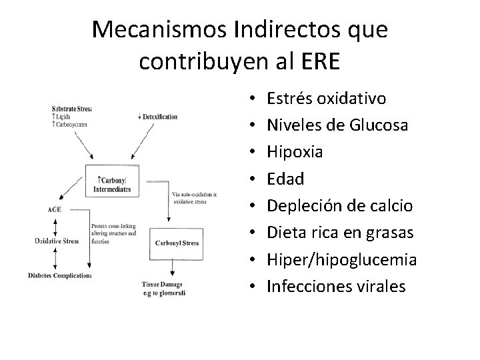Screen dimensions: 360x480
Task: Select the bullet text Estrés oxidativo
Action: pyautogui.click(x=326, y=99)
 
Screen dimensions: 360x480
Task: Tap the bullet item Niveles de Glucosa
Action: pyautogui.click(x=338, y=125)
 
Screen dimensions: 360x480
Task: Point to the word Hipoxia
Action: pyautogui.click(x=295, y=152)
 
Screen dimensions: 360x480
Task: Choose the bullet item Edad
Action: pyautogui.click(x=285, y=179)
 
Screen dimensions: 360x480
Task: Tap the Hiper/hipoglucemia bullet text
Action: pyautogui.click(x=341, y=259)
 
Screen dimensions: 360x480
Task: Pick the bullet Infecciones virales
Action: pyautogui.click(x=336, y=286)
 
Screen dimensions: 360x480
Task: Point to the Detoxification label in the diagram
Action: pyautogui.click(x=157, y=117)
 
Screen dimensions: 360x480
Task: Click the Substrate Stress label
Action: pyautogui.click(x=71, y=109)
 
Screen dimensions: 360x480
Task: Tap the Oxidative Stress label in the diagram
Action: pyautogui.click(x=58, y=241)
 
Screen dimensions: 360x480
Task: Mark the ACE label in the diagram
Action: pyautogui.click(x=55, y=209)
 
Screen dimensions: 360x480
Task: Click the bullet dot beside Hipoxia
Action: pyautogui.click(x=256, y=153)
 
